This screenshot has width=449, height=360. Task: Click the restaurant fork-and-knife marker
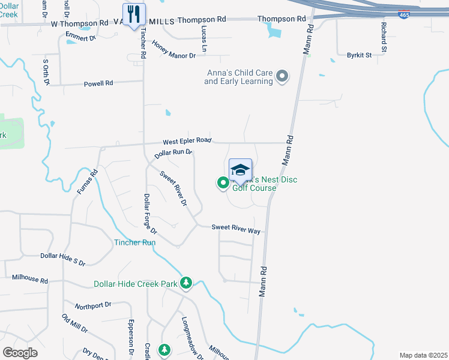134,14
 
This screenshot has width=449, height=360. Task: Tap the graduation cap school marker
240,170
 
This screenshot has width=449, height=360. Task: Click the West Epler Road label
187,140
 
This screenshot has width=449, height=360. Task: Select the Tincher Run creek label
135,242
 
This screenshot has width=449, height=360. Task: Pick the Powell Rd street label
98,83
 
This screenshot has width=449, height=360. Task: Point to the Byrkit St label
359,55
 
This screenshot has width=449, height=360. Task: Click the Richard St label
382,35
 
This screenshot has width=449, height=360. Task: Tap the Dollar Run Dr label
173,153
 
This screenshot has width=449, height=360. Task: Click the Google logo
20,352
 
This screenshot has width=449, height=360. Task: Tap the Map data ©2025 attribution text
423,355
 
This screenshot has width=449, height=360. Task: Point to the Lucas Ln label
205,41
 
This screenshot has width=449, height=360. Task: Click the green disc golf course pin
222,183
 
